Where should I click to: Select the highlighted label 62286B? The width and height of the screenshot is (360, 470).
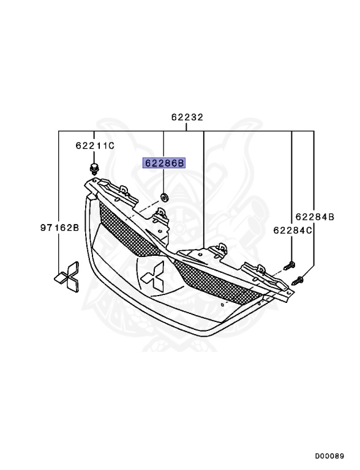pyautogui.click(x=163, y=163)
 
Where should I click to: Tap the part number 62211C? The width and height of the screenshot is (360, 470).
pyautogui.click(x=95, y=146)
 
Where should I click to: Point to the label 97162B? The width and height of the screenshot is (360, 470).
pyautogui.click(x=60, y=228)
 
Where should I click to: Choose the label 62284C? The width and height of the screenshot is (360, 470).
pyautogui.click(x=292, y=230)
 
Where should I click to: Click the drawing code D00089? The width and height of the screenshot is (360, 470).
pyautogui.click(x=331, y=456)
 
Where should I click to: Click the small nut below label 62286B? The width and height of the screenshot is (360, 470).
pyautogui.click(x=164, y=196)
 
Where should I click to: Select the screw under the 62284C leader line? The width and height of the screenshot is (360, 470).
pyautogui.click(x=291, y=266)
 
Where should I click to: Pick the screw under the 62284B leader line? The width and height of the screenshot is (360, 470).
pyautogui.click(x=299, y=280)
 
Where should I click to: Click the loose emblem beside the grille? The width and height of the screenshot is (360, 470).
pyautogui.click(x=66, y=275)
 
